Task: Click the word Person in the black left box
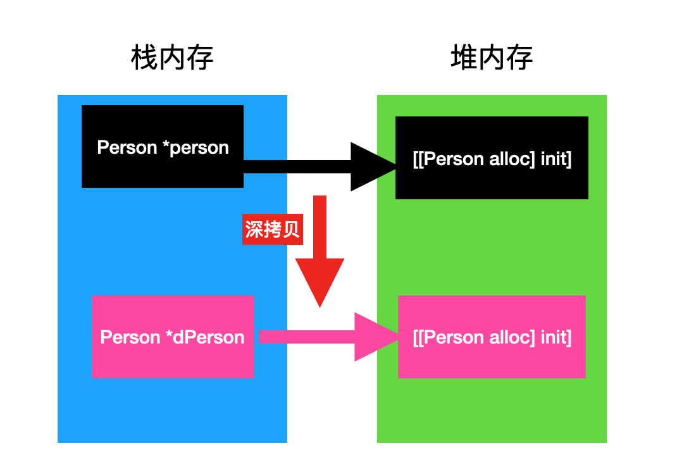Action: coord(127,147)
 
